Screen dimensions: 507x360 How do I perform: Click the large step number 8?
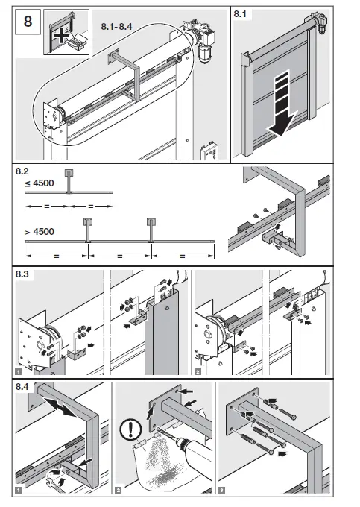click(x=28, y=22)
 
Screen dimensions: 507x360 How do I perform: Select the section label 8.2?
click(x=22, y=171)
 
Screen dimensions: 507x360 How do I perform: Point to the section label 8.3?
click(x=22, y=276)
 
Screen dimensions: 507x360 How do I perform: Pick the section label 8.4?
click(x=22, y=386)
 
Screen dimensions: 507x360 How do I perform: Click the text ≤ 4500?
click(x=34, y=182)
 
